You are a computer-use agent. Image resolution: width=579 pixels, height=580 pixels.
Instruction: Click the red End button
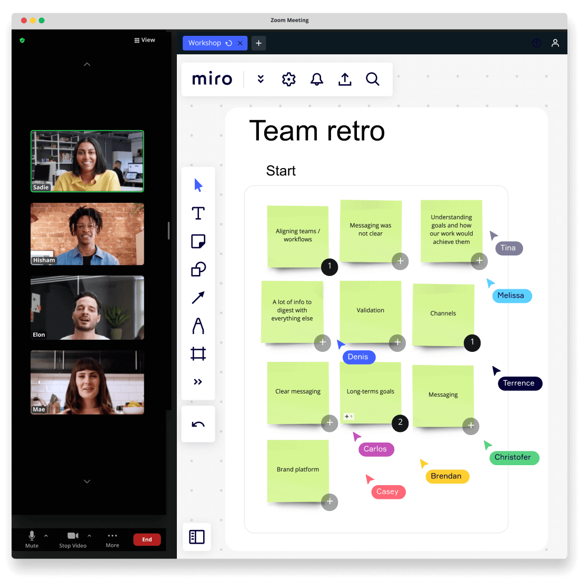(147, 539)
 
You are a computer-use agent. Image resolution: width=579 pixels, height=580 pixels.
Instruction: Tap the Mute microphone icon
(32, 536)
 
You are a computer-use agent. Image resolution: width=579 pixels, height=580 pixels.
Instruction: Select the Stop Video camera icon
(73, 536)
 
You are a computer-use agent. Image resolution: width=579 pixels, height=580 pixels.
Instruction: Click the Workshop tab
(205, 43)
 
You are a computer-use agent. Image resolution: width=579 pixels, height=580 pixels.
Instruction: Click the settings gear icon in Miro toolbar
(288, 79)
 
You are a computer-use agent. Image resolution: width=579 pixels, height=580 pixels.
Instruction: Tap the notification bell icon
(316, 79)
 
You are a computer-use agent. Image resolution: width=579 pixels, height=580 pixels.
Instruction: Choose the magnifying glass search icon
(373, 79)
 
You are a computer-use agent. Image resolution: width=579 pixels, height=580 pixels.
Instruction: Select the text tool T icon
(198, 213)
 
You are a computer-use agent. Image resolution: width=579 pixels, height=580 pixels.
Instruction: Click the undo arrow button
(198, 424)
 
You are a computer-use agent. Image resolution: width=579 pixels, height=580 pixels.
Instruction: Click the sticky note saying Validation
(371, 310)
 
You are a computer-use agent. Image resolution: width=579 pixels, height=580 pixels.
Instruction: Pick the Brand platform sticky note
(298, 469)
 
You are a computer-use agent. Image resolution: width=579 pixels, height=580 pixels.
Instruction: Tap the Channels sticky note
(443, 313)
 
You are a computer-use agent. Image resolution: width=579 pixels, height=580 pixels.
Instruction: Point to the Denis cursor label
(358, 357)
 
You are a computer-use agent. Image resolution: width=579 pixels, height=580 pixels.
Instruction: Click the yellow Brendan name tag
(446, 476)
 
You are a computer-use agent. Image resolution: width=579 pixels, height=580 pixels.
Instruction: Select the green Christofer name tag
(513, 457)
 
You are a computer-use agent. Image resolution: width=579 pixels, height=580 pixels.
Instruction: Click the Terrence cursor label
(519, 384)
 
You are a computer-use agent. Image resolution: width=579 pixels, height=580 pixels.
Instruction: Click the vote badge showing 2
(400, 422)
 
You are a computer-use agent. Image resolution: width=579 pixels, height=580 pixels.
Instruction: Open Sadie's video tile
(87, 161)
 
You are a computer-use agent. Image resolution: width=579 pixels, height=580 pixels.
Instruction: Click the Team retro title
(317, 131)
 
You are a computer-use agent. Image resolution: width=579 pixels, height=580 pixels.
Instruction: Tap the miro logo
(212, 79)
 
